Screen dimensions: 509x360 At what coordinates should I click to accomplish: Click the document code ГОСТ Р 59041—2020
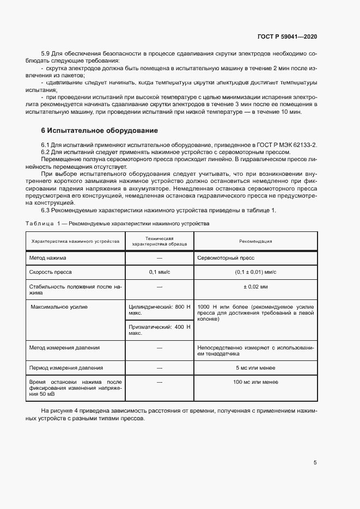(x=287, y=36)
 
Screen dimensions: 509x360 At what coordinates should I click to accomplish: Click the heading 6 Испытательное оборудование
(x=100, y=131)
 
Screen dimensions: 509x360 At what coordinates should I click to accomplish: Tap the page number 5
(x=315, y=463)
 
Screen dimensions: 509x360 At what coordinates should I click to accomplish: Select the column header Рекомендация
(x=255, y=241)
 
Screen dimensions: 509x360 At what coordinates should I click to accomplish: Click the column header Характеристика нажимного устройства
(x=75, y=241)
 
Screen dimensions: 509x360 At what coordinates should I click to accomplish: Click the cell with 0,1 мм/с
(x=160, y=272)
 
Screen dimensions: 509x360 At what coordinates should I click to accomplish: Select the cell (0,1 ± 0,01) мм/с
(x=255, y=272)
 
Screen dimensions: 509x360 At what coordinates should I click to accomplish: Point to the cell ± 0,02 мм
(x=255, y=286)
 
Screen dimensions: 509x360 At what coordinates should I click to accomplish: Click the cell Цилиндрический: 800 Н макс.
(x=159, y=310)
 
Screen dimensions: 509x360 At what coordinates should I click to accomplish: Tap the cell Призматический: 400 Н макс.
(x=159, y=330)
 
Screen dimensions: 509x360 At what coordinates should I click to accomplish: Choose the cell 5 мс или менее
(x=255, y=368)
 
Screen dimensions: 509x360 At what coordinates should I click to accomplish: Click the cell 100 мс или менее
(x=255, y=382)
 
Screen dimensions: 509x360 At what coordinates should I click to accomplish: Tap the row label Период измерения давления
(x=66, y=368)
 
